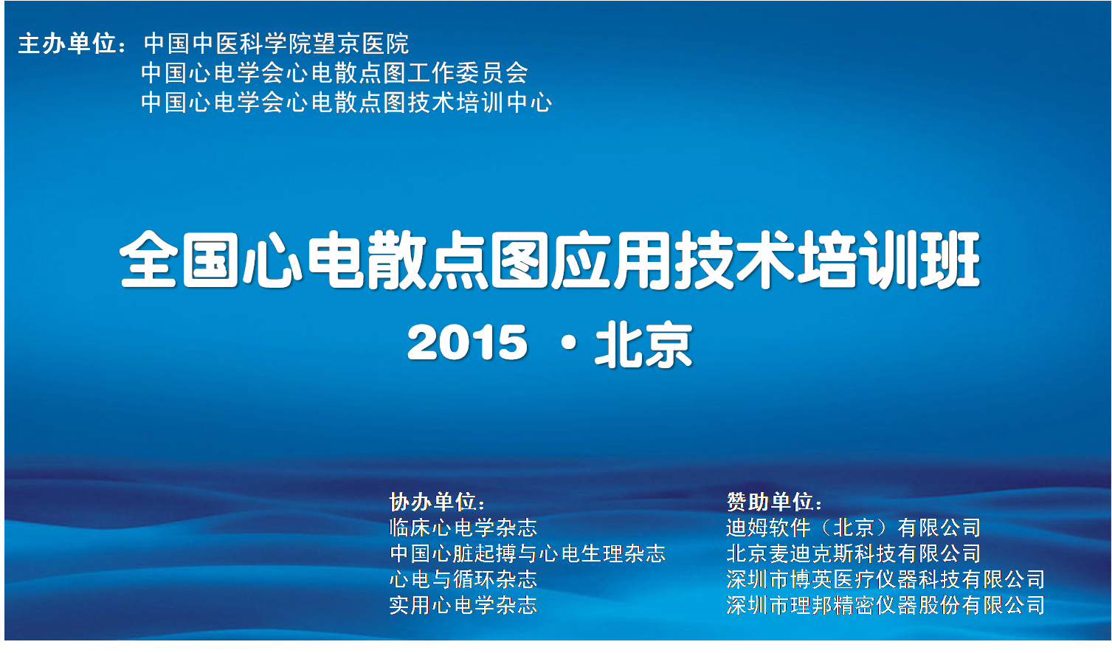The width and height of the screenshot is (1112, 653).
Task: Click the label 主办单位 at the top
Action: (67, 44)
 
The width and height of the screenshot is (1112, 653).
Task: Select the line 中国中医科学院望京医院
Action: (277, 44)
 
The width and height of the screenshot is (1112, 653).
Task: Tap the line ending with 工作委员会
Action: (334, 73)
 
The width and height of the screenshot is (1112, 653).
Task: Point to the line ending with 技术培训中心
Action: (347, 103)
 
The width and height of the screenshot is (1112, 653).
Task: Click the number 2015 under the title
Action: (467, 342)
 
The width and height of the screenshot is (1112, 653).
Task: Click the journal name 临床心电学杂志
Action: (463, 528)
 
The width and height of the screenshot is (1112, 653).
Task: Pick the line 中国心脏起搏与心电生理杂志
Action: (527, 553)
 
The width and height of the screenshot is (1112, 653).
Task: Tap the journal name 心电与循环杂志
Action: (463, 579)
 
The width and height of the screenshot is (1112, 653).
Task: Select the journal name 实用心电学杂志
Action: (463, 605)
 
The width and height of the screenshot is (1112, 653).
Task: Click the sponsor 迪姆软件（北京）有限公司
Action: (853, 528)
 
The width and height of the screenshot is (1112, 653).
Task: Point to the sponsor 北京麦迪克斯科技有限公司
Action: (853, 553)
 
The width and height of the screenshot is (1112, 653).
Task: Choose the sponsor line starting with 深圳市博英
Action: (885, 579)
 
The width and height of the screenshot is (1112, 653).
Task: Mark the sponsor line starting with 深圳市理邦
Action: (885, 605)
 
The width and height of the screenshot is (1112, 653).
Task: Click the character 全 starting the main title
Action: (148, 259)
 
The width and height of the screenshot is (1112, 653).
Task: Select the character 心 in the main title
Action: (272, 259)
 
